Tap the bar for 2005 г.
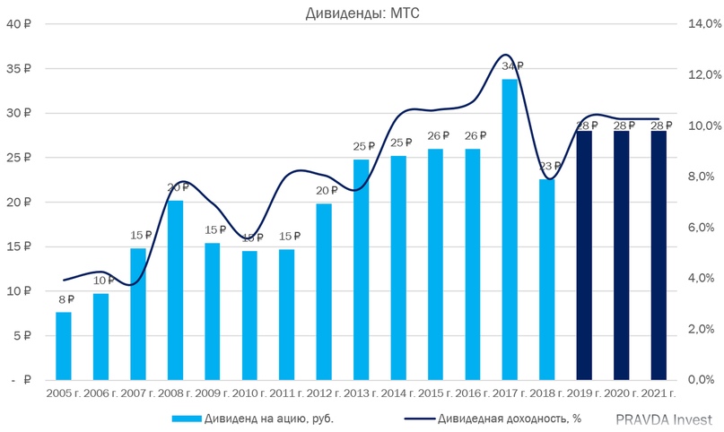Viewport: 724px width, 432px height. [x=64, y=345]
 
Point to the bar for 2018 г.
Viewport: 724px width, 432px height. [x=547, y=279]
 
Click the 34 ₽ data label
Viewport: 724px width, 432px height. [x=511, y=66]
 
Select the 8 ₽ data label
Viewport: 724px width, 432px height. [x=65, y=299]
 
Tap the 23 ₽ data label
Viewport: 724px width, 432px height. [x=549, y=167]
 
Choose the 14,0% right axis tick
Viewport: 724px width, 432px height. [x=702, y=24]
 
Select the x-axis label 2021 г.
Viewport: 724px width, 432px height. [x=659, y=393]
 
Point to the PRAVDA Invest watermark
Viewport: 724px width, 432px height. [x=664, y=419]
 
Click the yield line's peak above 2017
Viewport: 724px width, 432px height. [x=506, y=56]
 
